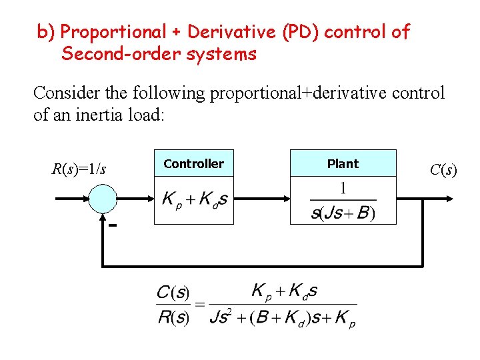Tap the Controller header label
(193, 163)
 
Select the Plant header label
(343, 163)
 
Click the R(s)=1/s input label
(79, 169)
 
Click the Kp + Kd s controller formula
(194, 199)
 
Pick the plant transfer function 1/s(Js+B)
(343, 201)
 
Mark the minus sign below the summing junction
(113, 225)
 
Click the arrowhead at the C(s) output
(450, 199)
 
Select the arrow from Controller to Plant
(261, 199)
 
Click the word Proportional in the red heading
(114, 31)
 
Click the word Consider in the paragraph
(63, 93)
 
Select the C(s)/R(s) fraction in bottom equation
(173, 305)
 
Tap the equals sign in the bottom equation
(199, 305)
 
